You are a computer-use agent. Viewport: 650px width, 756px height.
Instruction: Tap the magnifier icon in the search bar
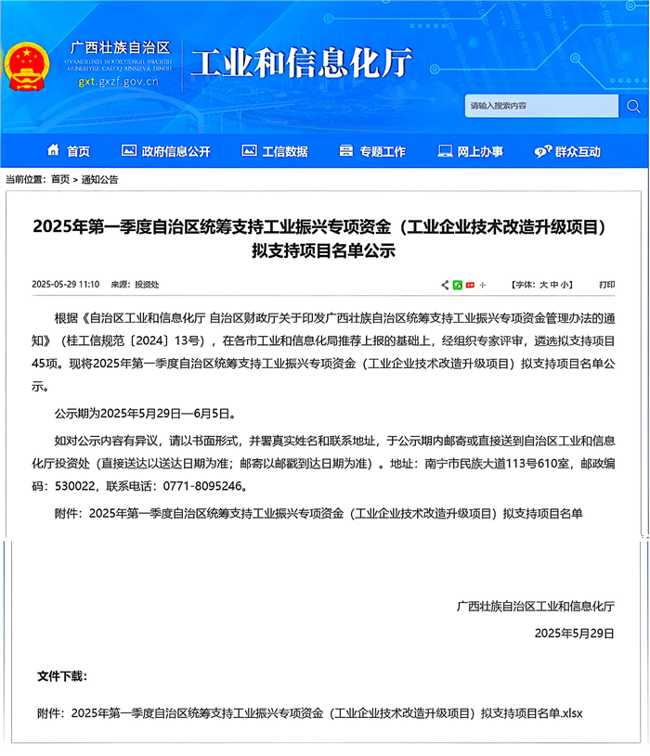632,106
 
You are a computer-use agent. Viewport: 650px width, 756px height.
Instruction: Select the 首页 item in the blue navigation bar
69,151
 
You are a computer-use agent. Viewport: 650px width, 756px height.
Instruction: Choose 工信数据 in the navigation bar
275,151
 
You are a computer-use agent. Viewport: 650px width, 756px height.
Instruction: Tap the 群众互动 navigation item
567,151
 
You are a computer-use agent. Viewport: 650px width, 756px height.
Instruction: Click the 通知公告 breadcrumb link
99,179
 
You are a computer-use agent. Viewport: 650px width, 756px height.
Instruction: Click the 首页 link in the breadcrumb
60,179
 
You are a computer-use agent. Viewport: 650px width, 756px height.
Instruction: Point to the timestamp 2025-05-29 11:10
66,285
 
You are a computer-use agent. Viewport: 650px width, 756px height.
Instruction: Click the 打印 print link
607,285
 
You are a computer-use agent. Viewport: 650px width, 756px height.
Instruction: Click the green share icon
458,285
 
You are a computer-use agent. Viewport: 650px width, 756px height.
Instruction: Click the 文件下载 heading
62,675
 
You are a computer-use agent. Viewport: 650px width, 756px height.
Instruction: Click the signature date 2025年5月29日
575,633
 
